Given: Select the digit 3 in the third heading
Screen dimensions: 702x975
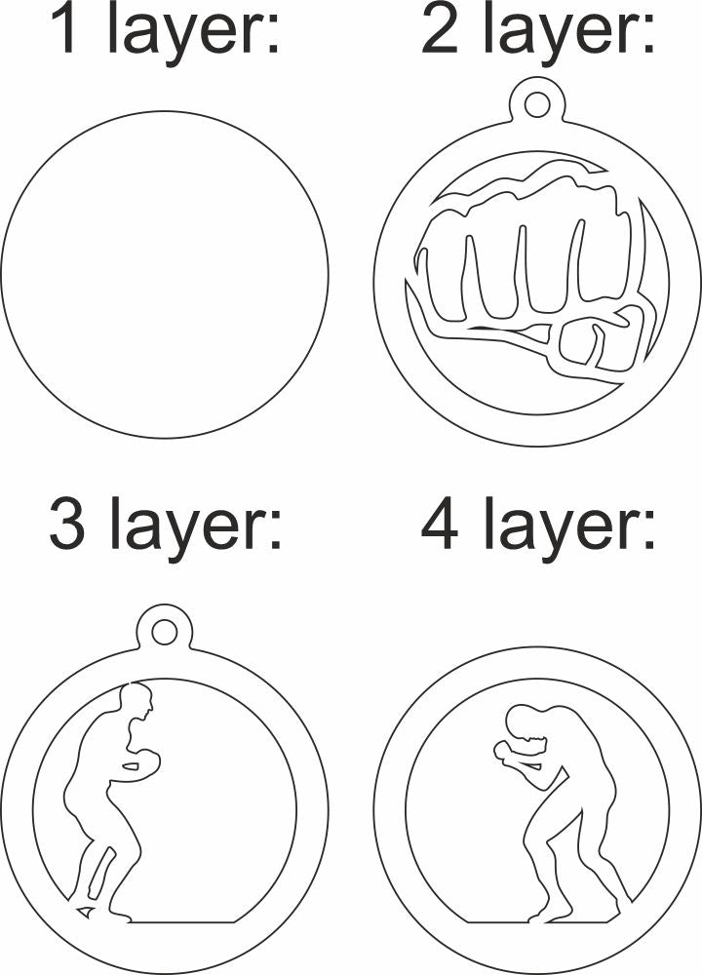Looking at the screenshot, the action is click(x=66, y=523).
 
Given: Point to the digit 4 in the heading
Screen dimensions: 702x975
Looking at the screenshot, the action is click(x=440, y=523).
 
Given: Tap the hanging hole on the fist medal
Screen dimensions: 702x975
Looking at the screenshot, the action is click(x=536, y=104).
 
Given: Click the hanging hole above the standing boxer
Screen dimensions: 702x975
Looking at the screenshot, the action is click(x=164, y=632).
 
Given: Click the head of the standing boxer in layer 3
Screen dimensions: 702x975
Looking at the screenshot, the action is click(x=136, y=700).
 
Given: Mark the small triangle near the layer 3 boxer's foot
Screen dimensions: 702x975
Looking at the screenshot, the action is click(x=86, y=911).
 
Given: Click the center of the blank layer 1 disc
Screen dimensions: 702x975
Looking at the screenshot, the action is click(x=164, y=274).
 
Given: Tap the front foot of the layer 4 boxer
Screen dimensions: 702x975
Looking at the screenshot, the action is click(x=548, y=916).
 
